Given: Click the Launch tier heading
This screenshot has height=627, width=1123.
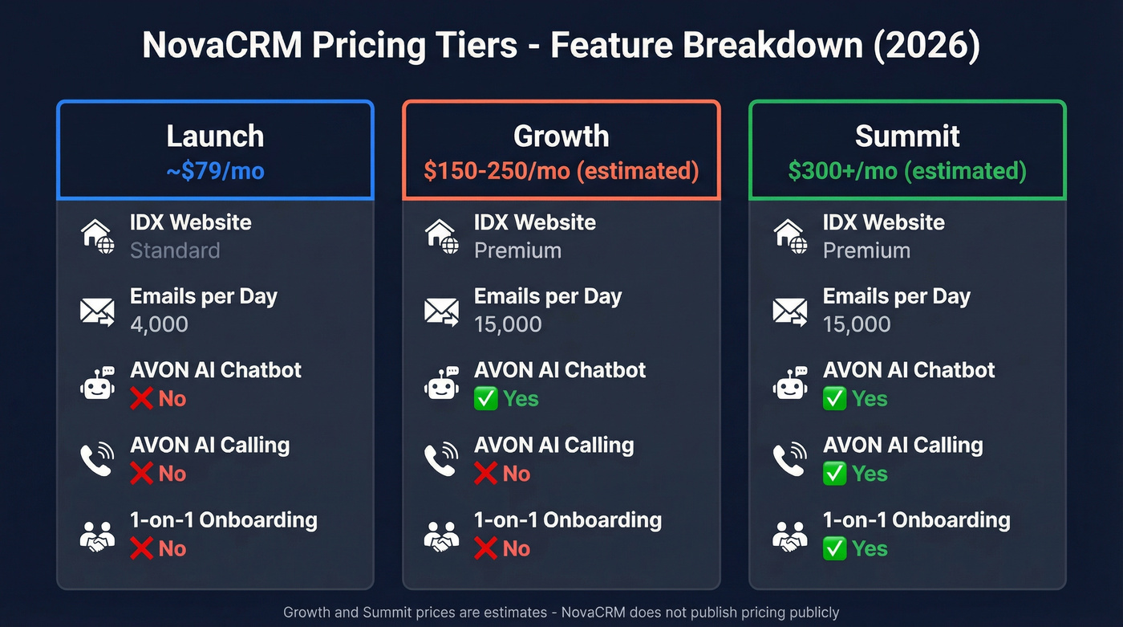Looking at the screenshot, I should (215, 136).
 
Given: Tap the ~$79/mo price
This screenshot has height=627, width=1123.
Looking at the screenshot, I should (215, 171).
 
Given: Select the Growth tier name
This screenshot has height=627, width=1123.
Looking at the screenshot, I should (561, 136).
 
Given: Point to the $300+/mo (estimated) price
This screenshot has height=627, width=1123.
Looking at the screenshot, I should (907, 171).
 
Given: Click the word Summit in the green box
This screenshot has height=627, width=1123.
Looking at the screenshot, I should (907, 136).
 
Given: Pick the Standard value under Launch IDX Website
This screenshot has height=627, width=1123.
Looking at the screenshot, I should (175, 250).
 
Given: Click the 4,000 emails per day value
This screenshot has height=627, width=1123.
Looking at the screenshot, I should (159, 324).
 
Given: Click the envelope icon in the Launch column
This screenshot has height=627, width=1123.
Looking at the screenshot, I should (97, 311).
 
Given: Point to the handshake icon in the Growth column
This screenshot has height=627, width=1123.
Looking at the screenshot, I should (441, 535).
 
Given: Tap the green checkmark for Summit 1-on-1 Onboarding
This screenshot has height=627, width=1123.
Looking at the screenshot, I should (835, 549).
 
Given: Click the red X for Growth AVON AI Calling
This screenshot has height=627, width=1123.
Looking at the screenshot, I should (486, 474).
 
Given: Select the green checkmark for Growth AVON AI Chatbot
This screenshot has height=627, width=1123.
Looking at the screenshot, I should (486, 399).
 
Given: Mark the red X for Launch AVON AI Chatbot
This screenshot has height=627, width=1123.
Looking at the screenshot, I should (142, 399).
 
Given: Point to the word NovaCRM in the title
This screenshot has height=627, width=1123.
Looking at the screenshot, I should (221, 45).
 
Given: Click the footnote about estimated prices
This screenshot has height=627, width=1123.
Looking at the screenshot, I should (561, 613).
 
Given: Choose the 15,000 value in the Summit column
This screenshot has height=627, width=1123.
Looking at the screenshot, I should (857, 324).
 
